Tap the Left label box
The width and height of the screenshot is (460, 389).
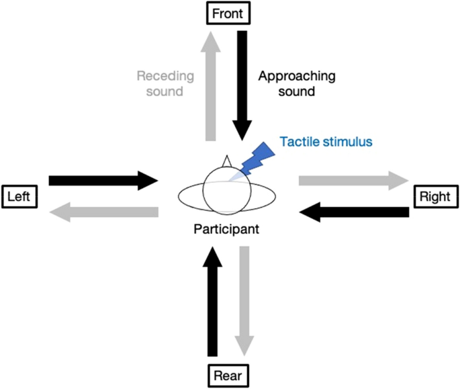point(19,196)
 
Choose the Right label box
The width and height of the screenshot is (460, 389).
point(434,196)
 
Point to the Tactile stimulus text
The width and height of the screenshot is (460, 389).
point(326,142)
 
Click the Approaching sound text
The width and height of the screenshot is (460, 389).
point(287,83)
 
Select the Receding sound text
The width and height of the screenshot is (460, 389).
point(165,83)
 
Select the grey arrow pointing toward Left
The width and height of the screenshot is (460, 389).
point(103,212)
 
